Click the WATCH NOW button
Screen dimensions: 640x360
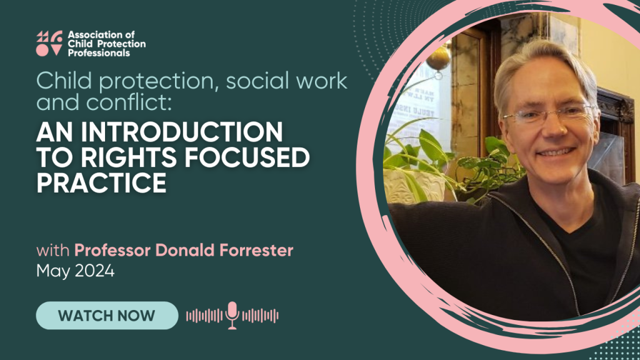[107, 315]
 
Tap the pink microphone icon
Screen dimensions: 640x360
[232, 315]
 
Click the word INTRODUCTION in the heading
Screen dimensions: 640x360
[182, 132]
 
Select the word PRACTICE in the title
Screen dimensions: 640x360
[101, 182]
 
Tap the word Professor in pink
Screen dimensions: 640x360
[112, 250]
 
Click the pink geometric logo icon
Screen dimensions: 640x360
[49, 43]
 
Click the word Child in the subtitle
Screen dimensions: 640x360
[64, 81]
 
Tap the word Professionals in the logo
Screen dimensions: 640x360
[99, 53]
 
